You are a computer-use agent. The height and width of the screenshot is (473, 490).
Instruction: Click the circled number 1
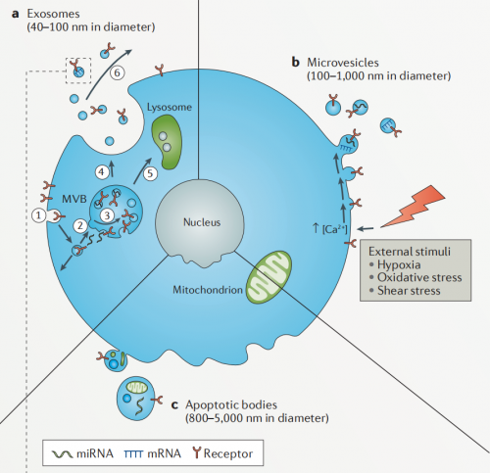coord(39,215)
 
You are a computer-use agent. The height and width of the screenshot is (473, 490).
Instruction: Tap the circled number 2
coord(80,225)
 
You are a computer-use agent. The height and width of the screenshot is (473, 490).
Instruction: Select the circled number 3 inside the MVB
coord(107,215)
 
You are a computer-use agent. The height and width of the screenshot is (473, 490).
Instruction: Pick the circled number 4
coord(102,171)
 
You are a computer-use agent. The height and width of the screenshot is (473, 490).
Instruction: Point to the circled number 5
coord(150,173)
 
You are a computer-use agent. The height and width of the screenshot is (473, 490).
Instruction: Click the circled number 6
coord(118,72)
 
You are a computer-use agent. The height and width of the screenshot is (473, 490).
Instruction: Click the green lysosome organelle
coord(167,141)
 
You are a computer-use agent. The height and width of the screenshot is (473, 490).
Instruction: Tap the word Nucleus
coord(202,222)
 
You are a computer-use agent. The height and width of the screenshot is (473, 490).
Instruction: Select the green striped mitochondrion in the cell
coord(269,277)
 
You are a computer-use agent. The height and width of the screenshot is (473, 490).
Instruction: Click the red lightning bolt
coord(414,207)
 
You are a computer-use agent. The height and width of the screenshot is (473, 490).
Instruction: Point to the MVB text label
coord(74,199)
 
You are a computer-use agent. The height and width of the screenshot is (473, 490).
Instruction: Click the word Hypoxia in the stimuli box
coord(399,264)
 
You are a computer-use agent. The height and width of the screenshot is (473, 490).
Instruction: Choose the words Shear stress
coord(409,291)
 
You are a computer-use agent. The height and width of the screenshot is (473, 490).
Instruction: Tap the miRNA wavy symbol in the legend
coord(62,453)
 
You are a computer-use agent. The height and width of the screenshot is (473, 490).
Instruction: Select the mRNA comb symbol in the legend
coord(133,453)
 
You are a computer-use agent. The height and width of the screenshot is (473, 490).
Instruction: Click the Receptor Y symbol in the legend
coord(196,452)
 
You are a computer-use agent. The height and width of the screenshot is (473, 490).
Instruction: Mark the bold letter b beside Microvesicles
coord(295,62)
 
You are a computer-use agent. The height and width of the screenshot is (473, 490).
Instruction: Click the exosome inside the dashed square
coord(78,71)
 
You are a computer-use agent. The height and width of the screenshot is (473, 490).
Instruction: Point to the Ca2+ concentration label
coord(330,228)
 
